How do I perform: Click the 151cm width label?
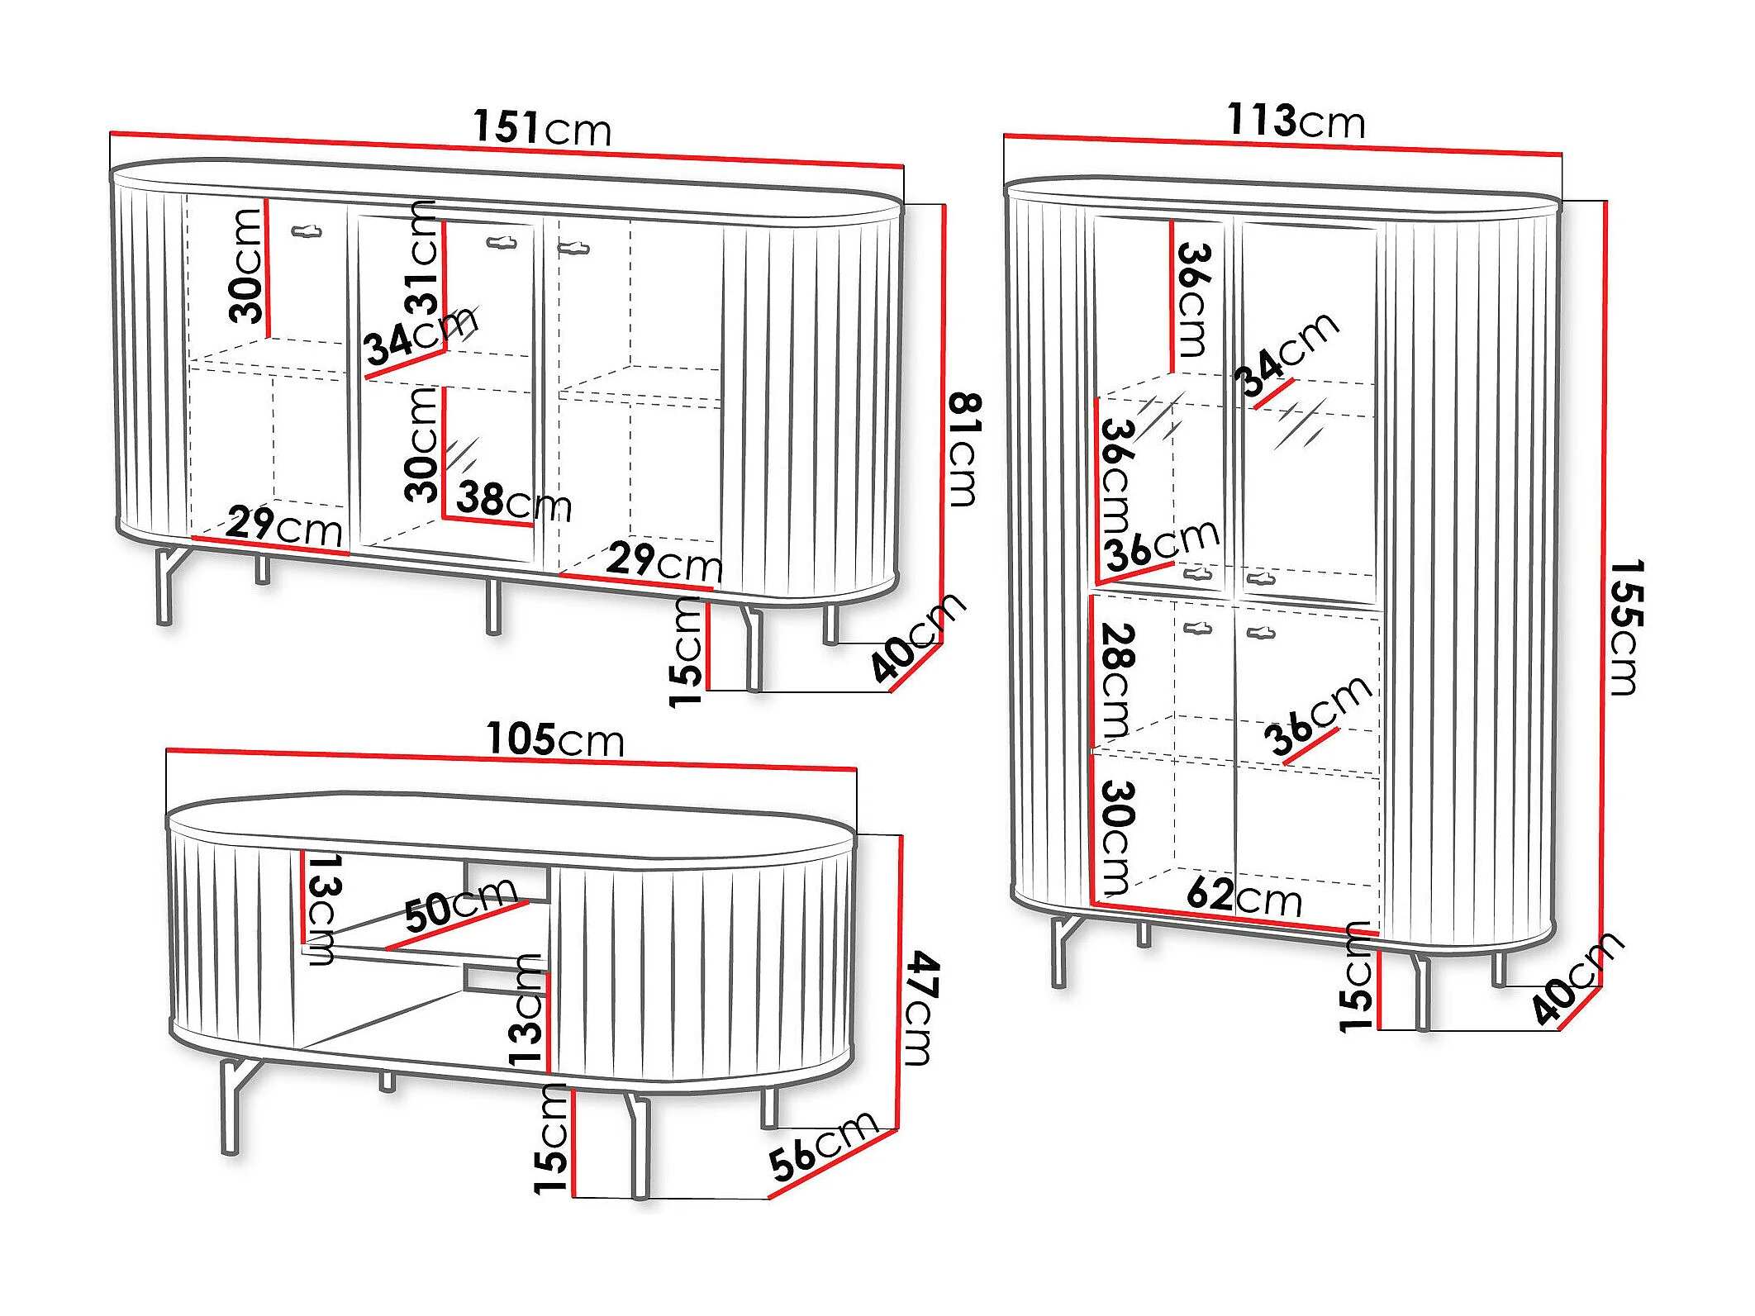[x=542, y=128]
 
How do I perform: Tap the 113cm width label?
[x=1296, y=121]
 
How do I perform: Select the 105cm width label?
[x=554, y=739]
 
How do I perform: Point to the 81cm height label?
[x=963, y=449]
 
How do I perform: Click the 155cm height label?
[x=1626, y=628]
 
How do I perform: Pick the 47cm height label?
[x=920, y=1008]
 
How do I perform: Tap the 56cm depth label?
[x=821, y=1145]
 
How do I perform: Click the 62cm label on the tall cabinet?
[x=1244, y=896]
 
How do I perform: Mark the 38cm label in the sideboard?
[x=513, y=501]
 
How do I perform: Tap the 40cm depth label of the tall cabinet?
[x=1577, y=978]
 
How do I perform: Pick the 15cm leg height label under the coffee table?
[x=552, y=1140]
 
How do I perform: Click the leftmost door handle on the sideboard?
[x=307, y=232]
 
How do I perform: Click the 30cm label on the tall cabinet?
[x=1117, y=838]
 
